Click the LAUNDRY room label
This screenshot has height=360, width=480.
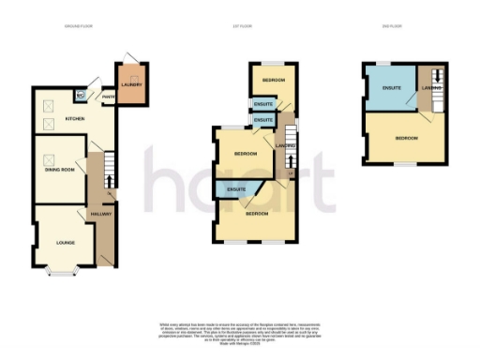click(x=130, y=85)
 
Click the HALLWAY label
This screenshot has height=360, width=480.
click(x=100, y=215)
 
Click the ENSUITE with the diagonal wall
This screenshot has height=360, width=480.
click(x=236, y=190)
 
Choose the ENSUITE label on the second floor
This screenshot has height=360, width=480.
click(x=392, y=89)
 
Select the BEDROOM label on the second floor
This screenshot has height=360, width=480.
click(x=406, y=138)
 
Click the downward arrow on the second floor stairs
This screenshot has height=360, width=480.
click(x=435, y=92)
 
